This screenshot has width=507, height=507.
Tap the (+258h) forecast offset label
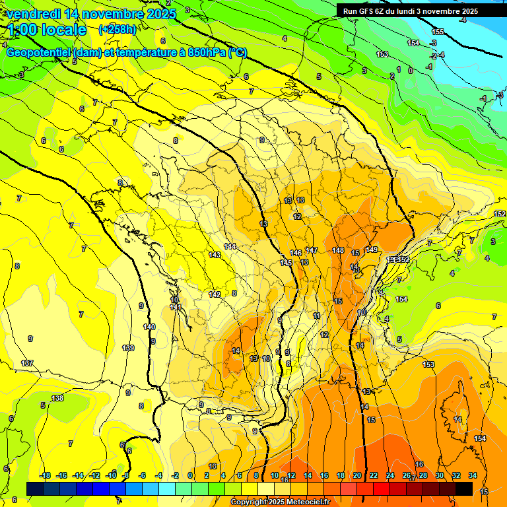coord(118,29)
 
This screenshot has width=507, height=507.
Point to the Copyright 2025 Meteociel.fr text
coord(280,502)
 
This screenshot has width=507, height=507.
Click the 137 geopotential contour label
coord(27,363)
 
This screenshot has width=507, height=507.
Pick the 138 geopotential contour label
coord(58,398)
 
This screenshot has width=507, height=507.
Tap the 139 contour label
coord(129,348)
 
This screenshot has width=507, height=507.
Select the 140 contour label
coord(149,327)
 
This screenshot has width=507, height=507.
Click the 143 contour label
coord(215,255)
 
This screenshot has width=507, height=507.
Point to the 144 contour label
coord(230,246)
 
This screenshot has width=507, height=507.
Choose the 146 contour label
coord(296,253)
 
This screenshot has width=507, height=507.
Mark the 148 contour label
coord(338,250)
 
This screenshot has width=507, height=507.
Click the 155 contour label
coord(438,32)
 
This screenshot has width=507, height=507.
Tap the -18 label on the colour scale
coord(45,475)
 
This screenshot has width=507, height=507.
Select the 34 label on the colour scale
coord(473,475)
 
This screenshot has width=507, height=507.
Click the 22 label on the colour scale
coord(374,475)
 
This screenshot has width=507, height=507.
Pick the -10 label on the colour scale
coord(111,475)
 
